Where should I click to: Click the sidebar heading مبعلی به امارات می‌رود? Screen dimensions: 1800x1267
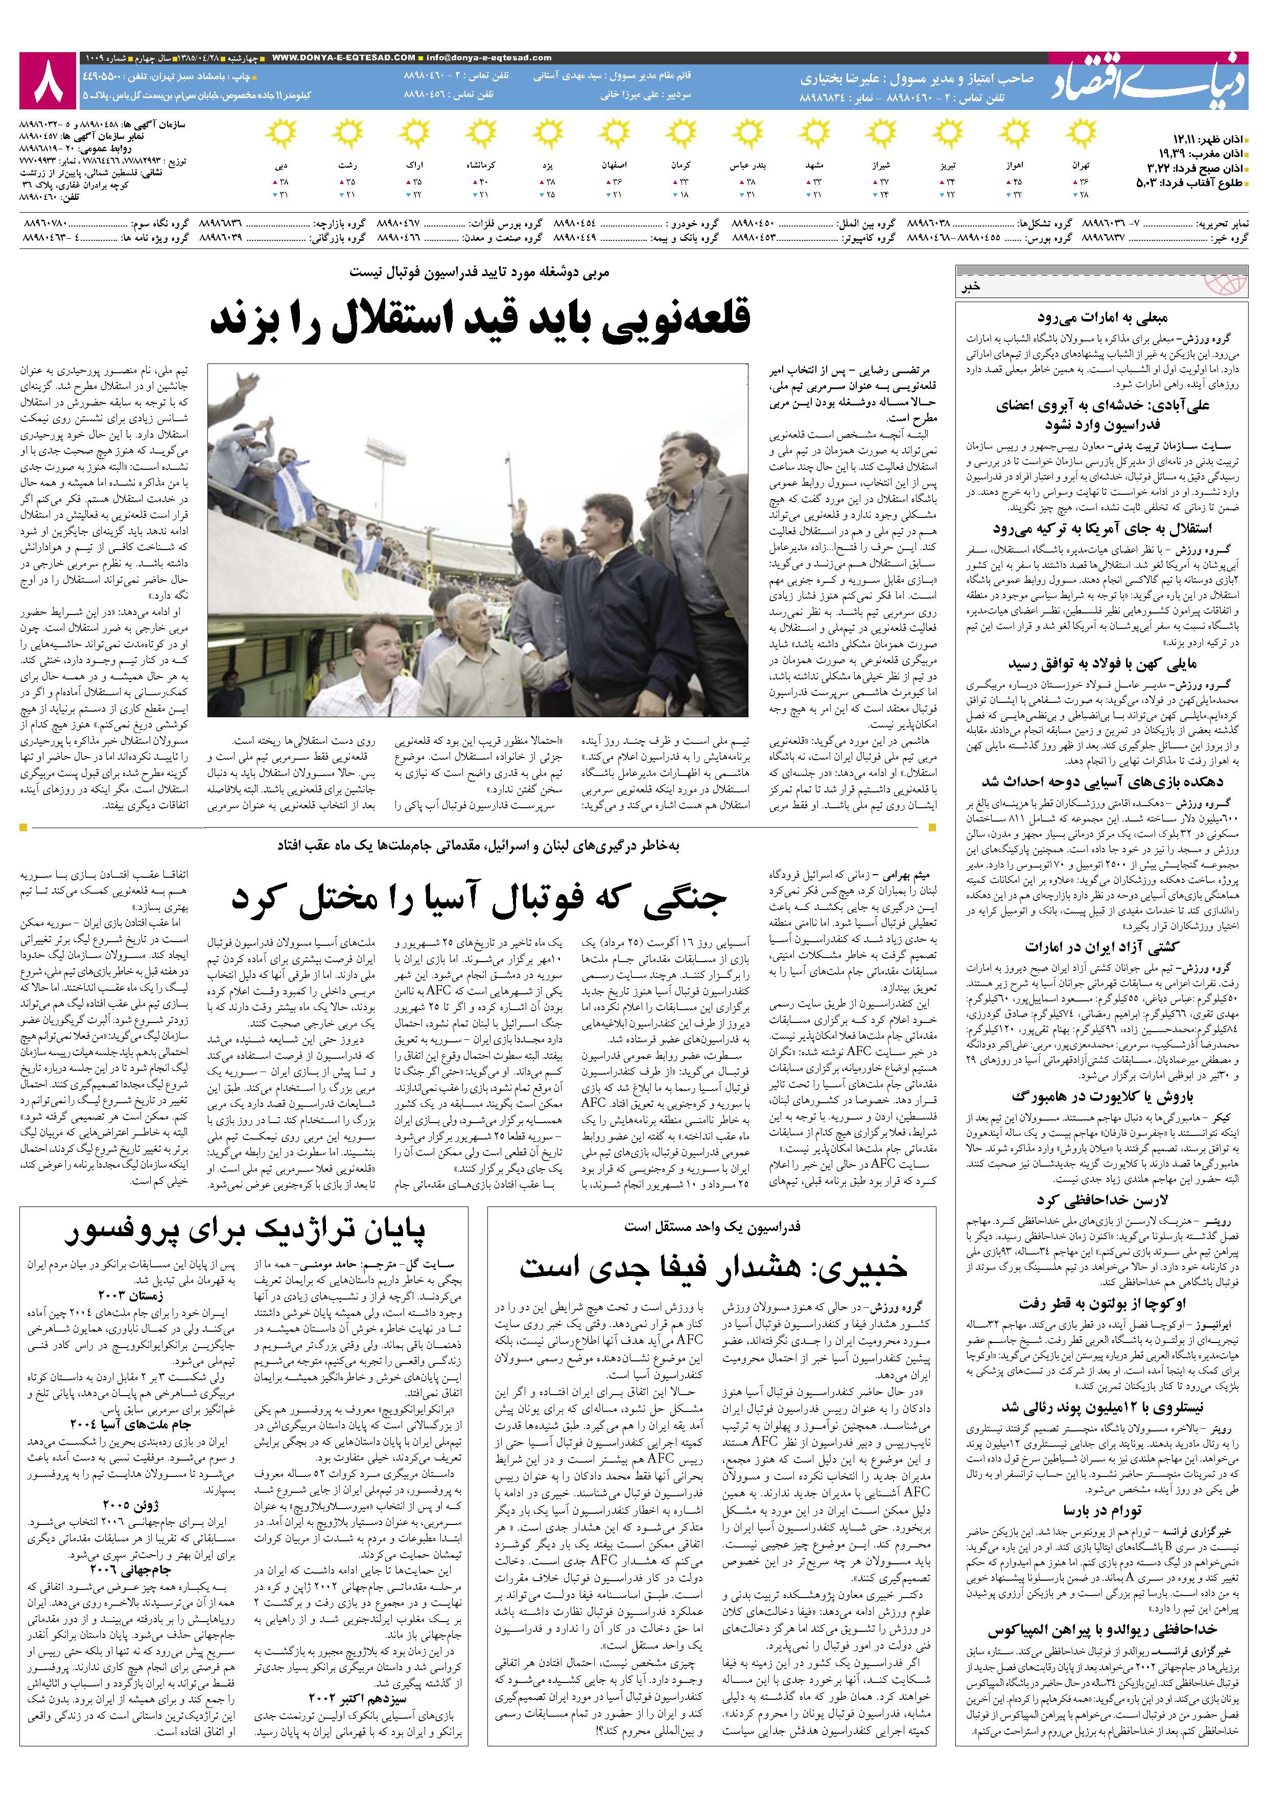point(1101,318)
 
